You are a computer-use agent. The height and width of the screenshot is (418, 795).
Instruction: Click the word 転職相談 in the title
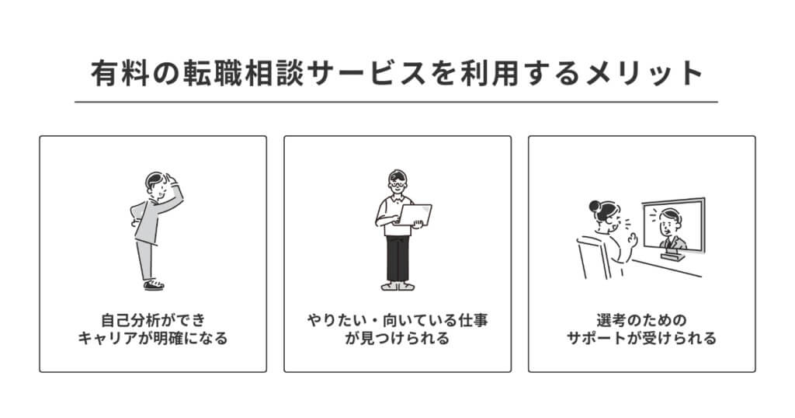243,72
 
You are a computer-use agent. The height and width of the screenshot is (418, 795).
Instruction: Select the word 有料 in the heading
120,72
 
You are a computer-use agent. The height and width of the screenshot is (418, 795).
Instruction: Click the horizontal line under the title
396,102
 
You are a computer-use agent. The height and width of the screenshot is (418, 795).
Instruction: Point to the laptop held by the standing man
414,215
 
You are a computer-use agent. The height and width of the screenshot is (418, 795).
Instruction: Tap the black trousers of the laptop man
397,258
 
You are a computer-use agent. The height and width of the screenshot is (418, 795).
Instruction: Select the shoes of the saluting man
154,284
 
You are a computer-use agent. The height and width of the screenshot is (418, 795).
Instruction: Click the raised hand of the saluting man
169,180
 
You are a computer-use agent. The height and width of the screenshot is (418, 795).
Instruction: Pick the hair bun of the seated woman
595,206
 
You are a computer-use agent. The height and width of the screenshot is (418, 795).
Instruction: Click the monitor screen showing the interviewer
673,225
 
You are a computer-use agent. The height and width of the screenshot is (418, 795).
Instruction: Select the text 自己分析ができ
153,320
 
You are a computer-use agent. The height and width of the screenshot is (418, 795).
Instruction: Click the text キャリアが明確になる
153,338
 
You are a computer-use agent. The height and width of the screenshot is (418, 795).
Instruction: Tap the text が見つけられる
397,338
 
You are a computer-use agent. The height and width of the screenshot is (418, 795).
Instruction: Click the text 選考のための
641,320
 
